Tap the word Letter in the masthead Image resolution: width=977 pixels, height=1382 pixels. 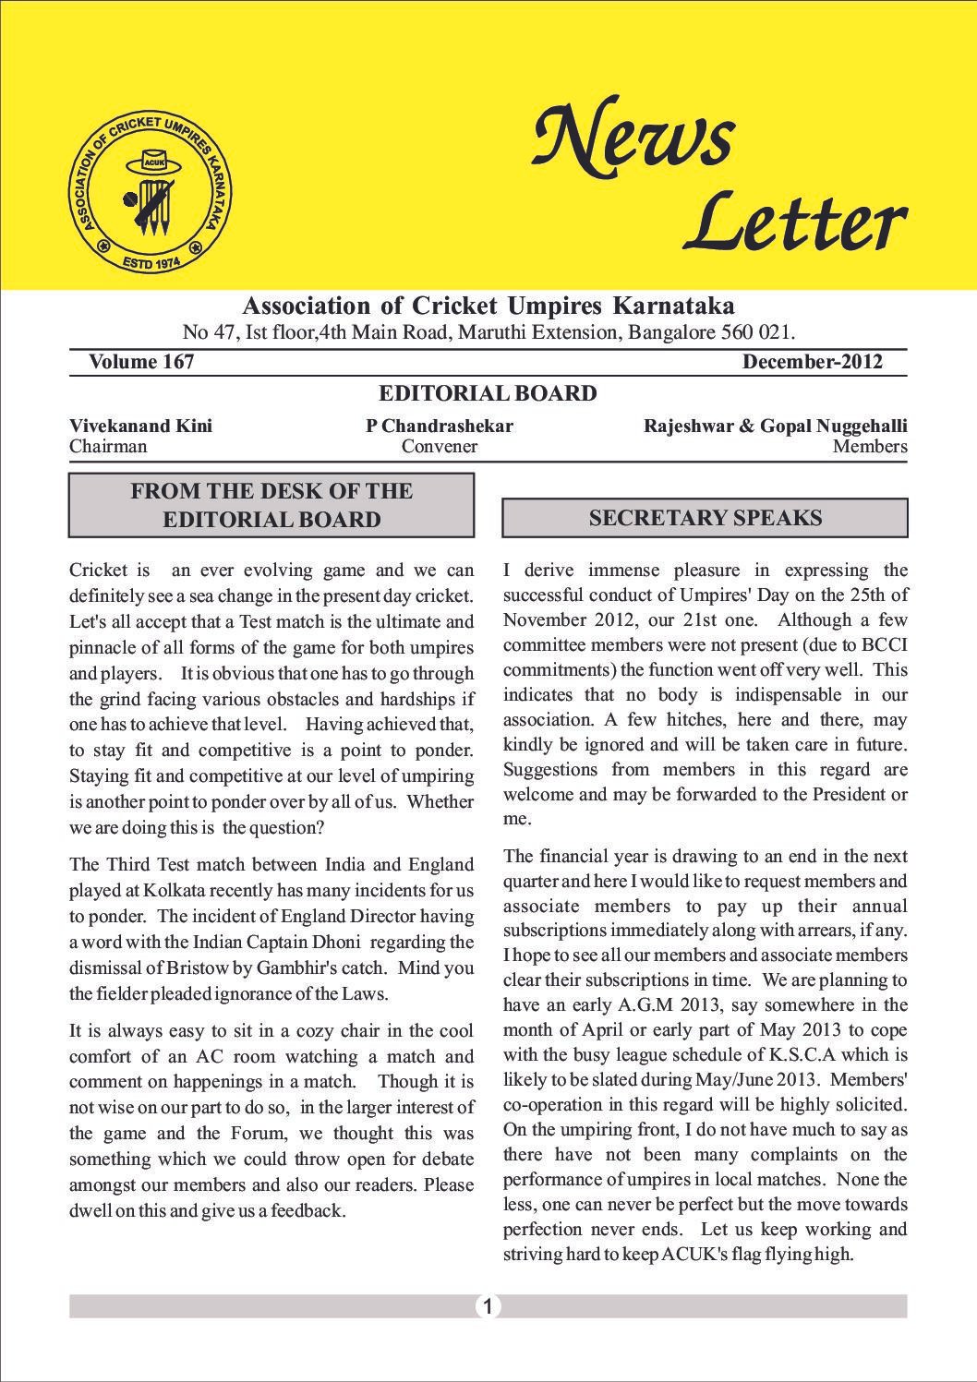[x=794, y=222]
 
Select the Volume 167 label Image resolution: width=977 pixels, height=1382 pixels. [x=141, y=362]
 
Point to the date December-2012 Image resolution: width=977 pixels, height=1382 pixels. [x=812, y=362]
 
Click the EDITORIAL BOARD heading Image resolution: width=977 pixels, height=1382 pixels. [x=488, y=394]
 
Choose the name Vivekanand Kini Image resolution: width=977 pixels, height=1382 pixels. [x=140, y=426]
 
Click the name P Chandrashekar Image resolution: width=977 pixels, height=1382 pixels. [x=439, y=426]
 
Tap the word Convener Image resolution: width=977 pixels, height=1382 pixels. [x=439, y=447]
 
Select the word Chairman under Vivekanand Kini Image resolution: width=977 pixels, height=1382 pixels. [x=108, y=447]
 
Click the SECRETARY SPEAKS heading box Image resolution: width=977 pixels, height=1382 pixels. [x=705, y=518]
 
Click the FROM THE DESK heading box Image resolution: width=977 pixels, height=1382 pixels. [x=271, y=505]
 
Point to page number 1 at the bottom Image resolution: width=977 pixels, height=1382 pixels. [x=488, y=1305]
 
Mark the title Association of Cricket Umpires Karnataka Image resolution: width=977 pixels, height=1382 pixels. [x=488, y=306]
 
